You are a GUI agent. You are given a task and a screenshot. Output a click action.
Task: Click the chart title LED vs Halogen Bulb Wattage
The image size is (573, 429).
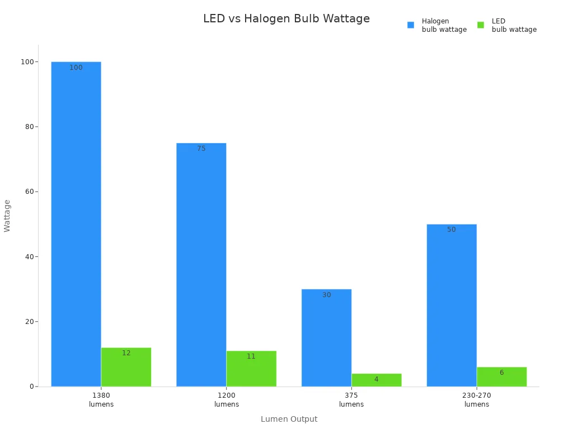(x=286, y=19)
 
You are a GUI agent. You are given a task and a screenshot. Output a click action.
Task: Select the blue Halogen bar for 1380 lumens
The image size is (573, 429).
(x=76, y=223)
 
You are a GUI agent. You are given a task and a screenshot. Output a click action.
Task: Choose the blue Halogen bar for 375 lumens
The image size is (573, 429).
(x=326, y=337)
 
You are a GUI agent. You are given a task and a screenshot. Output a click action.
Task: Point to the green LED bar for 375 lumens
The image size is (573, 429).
(x=377, y=380)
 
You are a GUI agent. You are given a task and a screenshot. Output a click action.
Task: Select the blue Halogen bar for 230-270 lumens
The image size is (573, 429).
(x=452, y=305)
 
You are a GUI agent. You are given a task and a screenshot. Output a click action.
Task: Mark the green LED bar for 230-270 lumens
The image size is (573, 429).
(x=501, y=376)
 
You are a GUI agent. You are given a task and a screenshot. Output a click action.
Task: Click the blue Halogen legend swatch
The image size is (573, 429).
(x=411, y=25)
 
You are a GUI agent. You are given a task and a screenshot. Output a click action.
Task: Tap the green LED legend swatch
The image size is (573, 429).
(x=481, y=25)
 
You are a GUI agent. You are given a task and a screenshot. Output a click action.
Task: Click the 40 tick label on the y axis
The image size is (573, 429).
(x=29, y=257)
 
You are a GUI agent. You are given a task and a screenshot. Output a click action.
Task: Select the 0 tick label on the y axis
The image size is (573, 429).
(x=31, y=387)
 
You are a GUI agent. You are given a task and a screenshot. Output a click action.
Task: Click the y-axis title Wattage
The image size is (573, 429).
(x=7, y=216)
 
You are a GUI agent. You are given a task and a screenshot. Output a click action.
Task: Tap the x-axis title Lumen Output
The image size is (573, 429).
(x=289, y=419)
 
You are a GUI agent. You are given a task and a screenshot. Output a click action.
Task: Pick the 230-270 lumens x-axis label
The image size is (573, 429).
(x=477, y=399)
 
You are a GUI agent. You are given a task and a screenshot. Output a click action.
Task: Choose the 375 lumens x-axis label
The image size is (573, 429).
(x=351, y=399)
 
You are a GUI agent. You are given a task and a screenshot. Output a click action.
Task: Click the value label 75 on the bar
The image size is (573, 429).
(x=201, y=149)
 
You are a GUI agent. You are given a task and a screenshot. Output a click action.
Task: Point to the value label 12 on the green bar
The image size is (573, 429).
(x=126, y=353)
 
